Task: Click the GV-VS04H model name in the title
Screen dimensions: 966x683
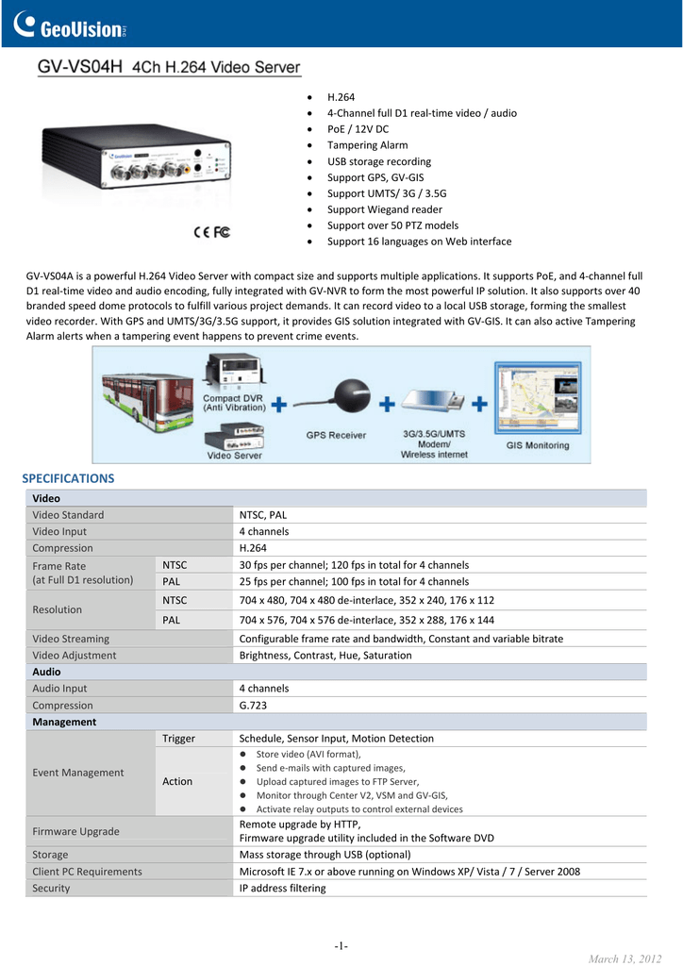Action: (x=81, y=68)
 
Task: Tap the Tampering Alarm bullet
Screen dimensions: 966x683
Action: (x=367, y=145)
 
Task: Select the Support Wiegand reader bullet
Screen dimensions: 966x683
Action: (x=384, y=209)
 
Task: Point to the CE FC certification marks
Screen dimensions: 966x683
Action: (x=211, y=231)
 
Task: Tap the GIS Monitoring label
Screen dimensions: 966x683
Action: (x=538, y=445)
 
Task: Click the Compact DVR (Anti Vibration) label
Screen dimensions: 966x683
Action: (x=234, y=403)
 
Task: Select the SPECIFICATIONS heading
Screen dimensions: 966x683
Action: (x=68, y=478)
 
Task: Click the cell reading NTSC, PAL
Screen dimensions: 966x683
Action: (x=263, y=515)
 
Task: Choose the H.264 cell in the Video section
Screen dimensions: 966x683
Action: (x=253, y=548)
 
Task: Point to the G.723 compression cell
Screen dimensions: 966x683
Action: (x=253, y=706)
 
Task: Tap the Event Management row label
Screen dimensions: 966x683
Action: (x=78, y=773)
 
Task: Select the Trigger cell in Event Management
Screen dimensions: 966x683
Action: (x=178, y=739)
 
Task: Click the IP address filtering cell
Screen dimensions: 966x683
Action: (x=282, y=888)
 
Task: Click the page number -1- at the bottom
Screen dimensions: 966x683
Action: (x=341, y=946)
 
